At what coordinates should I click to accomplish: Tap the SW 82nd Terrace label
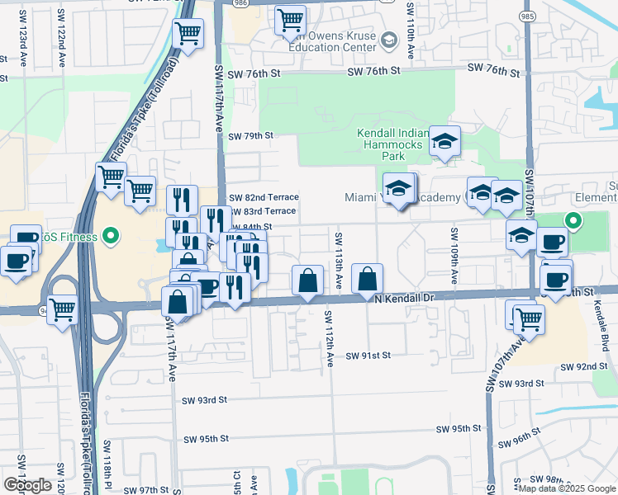[x=263, y=197]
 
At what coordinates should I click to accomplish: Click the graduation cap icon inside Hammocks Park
[x=444, y=141]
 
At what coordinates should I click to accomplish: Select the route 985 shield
[x=527, y=16]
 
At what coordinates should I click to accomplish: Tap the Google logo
[x=27, y=485]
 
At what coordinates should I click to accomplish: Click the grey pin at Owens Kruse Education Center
[x=387, y=39]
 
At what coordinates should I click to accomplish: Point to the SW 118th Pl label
[x=107, y=464]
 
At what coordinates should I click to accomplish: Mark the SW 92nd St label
[x=583, y=366]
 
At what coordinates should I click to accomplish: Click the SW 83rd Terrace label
[x=263, y=211]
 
